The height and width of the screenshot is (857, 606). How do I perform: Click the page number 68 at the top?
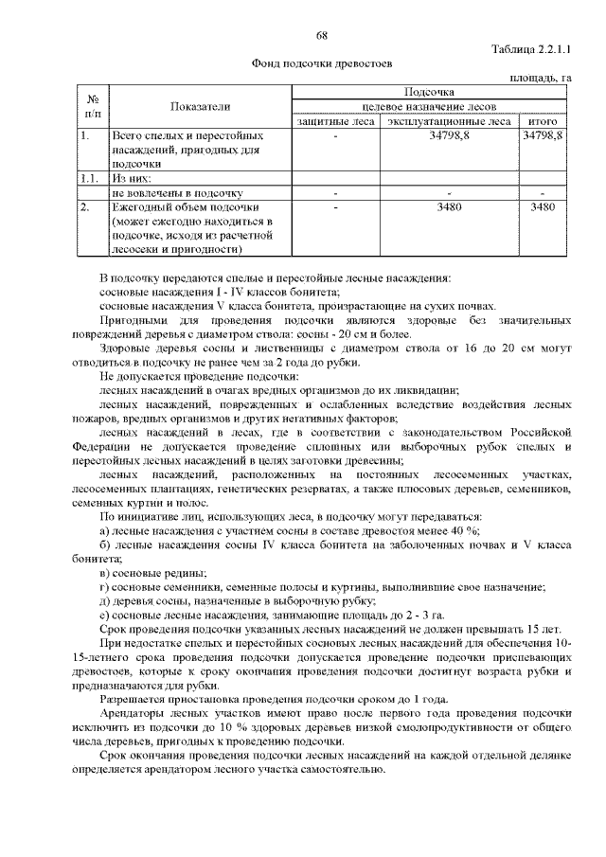[x=321, y=35]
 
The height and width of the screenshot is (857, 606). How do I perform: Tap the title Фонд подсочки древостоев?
[x=321, y=64]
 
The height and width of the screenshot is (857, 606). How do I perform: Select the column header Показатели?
[x=200, y=107]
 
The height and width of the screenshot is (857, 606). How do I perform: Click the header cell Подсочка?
[x=429, y=93]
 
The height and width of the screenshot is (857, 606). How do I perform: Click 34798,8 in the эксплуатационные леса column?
[x=449, y=136]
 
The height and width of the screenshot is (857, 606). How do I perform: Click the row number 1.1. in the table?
[x=91, y=177]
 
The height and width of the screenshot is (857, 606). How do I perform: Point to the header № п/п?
[x=93, y=106]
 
